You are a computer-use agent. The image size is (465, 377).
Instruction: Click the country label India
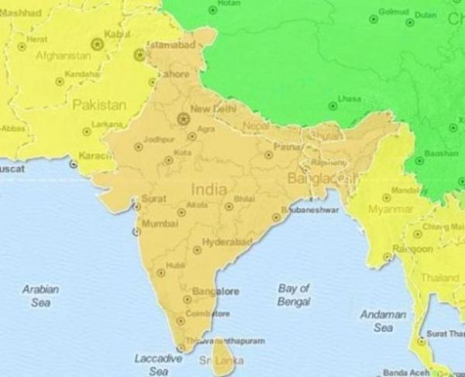[x=209, y=189]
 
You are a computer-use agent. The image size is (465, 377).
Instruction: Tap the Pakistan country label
[x=99, y=105]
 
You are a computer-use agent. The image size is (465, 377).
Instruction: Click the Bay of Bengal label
[x=294, y=294]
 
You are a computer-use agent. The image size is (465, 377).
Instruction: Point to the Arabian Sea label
[x=40, y=296]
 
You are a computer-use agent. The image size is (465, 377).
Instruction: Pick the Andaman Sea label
[x=383, y=321]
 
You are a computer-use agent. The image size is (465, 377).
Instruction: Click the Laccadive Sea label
[x=158, y=365]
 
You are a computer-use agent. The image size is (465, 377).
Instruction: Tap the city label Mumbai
[x=160, y=224]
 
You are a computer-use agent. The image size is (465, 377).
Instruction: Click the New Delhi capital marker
[x=183, y=119]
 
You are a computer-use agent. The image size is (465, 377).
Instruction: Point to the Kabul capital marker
[x=97, y=44]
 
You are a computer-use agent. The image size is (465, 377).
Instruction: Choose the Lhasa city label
[x=350, y=99]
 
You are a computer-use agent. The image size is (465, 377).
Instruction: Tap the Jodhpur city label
[x=160, y=140]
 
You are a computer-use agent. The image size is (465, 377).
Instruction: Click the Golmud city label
[x=394, y=13]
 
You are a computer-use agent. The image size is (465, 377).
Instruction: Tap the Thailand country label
[x=440, y=277]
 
